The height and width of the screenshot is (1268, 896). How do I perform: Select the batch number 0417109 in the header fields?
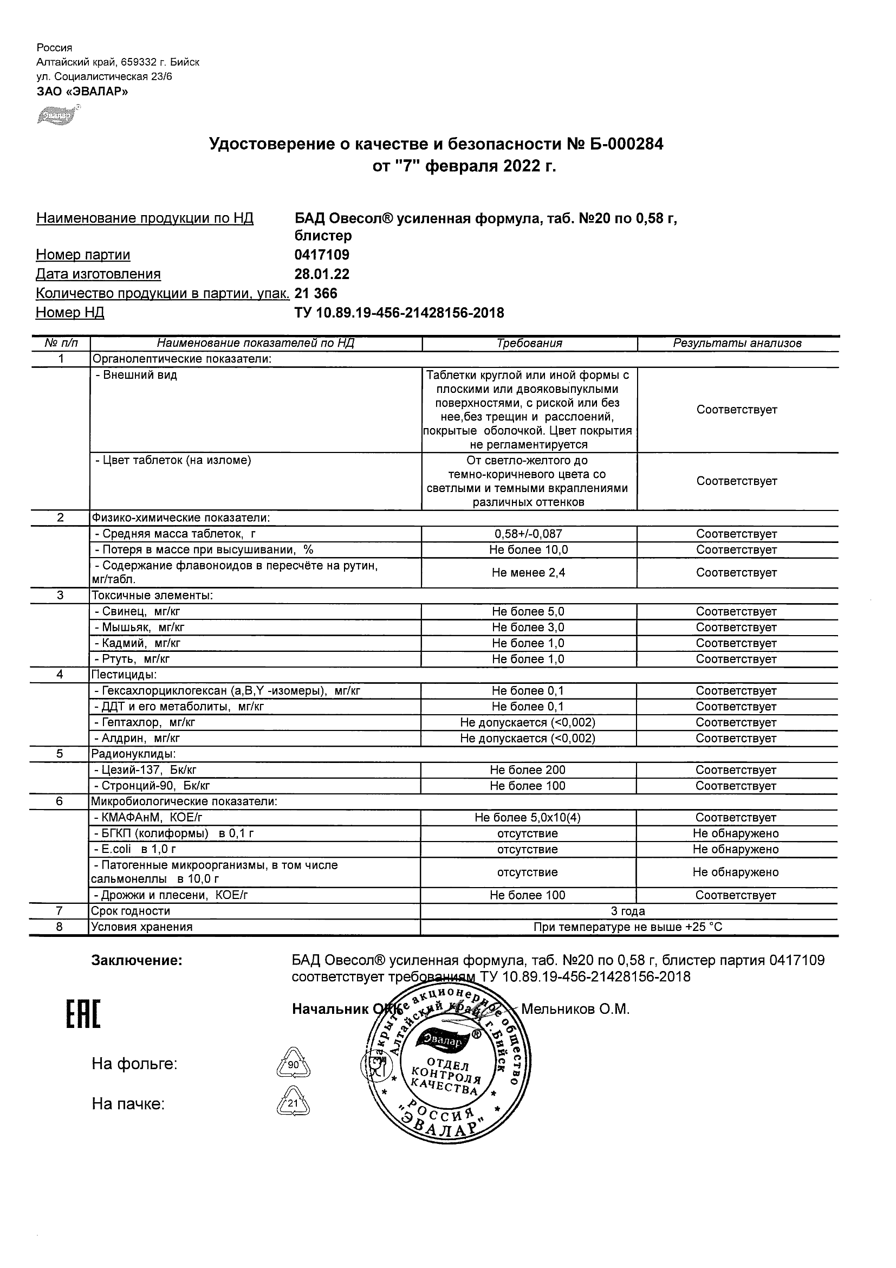322,255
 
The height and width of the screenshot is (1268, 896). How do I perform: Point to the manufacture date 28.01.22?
322,274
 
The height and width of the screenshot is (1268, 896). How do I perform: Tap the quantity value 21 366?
316,293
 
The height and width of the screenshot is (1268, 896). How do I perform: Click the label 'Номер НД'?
70,313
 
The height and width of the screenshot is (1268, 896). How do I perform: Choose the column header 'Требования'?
529,343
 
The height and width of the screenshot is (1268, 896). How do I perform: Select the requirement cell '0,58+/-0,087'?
528,534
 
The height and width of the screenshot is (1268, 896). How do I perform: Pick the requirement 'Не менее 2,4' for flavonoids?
528,573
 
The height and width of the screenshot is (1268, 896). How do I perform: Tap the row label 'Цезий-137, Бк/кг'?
146,770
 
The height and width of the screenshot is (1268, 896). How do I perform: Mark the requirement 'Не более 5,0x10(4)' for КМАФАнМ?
528,817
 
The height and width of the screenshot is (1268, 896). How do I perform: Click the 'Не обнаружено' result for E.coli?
735,849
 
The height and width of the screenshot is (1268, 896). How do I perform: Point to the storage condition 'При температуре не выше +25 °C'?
628,927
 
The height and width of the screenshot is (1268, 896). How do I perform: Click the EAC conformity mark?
83,1015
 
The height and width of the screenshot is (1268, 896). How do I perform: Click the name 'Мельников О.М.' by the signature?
575,1010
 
